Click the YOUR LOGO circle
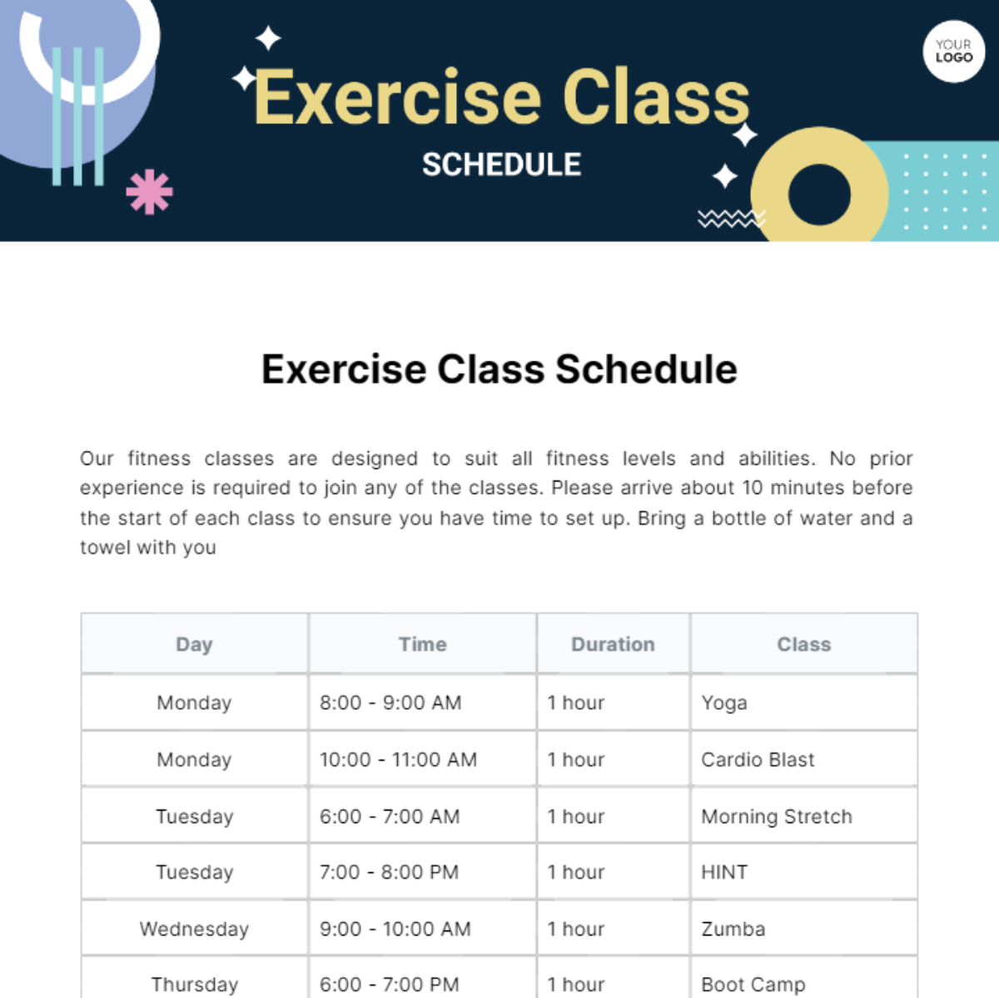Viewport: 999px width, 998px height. point(953,51)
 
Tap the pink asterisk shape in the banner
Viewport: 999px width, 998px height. point(149,192)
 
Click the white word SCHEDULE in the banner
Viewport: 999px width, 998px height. point(501,164)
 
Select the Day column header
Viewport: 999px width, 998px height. point(195,644)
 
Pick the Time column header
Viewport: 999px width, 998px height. point(423,644)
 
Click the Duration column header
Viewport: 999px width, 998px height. point(614,644)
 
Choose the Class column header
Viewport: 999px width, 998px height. point(804,644)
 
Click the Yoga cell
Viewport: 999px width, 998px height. point(804,702)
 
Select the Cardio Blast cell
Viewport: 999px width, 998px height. point(804,759)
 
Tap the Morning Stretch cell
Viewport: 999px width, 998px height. point(804,816)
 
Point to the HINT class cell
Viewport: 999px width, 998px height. point(804,872)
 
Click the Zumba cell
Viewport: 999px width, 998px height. point(804,929)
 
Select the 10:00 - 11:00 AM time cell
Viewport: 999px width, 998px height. point(423,759)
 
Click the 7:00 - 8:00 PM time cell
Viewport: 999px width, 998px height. point(423,872)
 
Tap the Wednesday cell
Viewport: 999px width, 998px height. point(195,929)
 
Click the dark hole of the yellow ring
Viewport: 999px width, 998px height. point(819,195)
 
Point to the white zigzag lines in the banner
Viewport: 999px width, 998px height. point(732,218)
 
